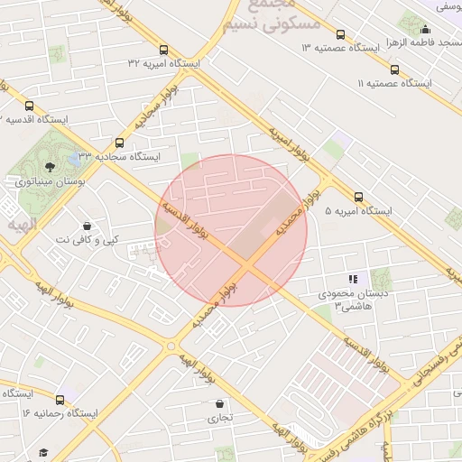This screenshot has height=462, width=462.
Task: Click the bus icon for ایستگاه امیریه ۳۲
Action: tap(163, 51)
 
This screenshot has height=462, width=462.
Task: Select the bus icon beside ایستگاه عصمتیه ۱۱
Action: tap(394, 69)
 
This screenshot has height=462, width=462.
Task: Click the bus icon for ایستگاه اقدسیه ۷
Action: tap(30, 106)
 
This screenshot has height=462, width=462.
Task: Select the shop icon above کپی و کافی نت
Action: tap(86, 226)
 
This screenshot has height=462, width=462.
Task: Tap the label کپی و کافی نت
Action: tap(87, 240)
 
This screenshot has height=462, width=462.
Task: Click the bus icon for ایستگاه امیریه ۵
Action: tap(359, 197)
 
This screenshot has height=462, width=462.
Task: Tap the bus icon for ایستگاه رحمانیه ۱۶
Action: tap(60, 399)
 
